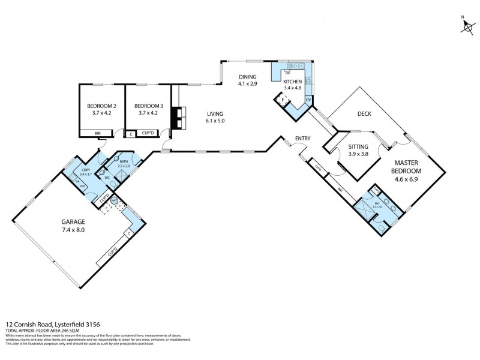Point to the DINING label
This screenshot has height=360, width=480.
coord(247,77)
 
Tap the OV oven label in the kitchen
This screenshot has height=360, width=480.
coord(308,100)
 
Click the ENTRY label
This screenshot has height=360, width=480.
coord(302,139)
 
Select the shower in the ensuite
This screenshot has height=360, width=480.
coord(364,210)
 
